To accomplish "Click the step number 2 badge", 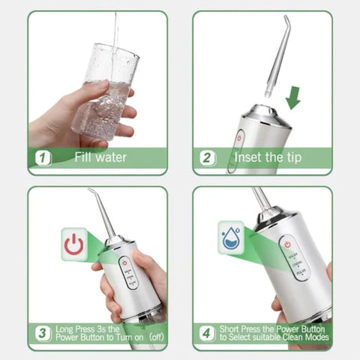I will (207, 157).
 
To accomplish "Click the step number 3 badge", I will (44, 332).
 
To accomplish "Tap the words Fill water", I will (100, 157).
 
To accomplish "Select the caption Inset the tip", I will (268, 157).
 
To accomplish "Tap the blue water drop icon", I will (231, 235).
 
